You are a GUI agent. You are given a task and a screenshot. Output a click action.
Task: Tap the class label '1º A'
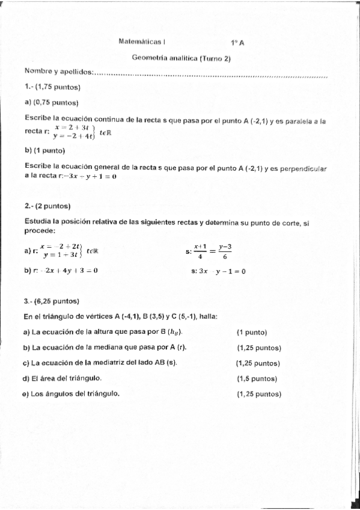[237, 43]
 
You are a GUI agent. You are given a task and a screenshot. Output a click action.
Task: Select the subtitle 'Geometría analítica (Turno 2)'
[182, 58]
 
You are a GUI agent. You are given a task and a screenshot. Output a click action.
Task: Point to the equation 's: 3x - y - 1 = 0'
[218, 271]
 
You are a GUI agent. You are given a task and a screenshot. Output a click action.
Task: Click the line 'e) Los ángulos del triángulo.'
[71, 394]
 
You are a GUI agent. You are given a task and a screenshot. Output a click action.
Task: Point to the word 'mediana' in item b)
[115, 348]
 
